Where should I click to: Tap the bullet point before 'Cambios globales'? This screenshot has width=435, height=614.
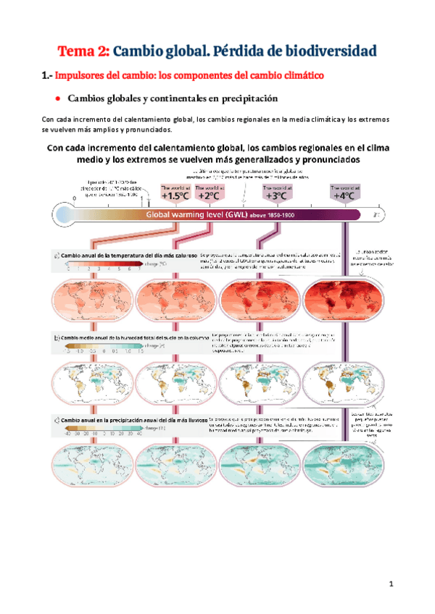(57, 98)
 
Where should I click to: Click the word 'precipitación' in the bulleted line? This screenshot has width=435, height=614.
(244, 98)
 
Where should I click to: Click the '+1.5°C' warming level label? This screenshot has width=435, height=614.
(175, 195)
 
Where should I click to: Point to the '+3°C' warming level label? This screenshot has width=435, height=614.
(275, 195)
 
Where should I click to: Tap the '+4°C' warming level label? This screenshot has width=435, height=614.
(343, 195)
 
